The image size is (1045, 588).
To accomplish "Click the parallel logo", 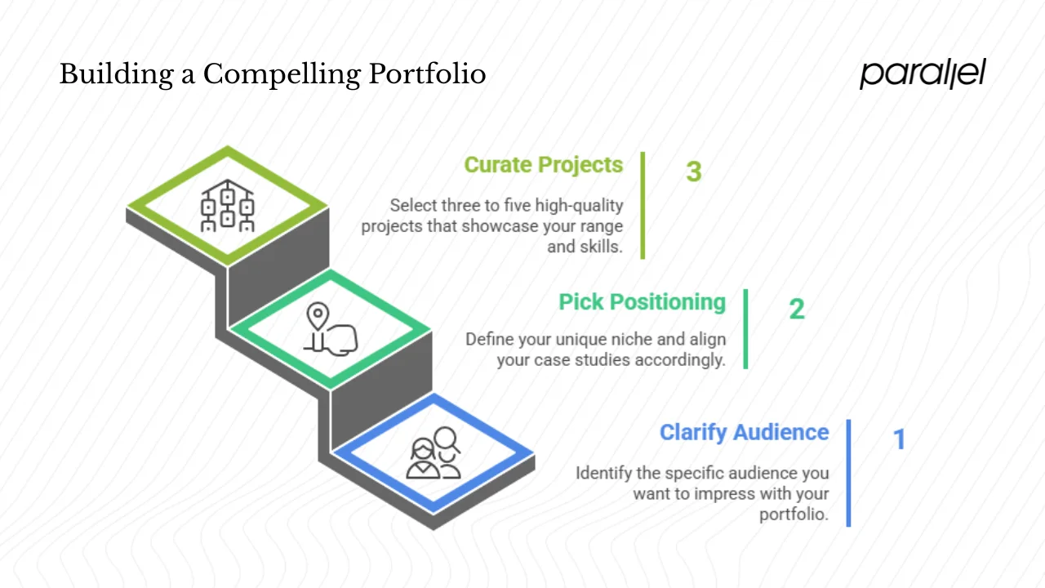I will click(x=923, y=73).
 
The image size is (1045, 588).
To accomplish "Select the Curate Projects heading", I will click(x=543, y=165).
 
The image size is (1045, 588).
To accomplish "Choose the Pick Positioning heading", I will click(x=642, y=302).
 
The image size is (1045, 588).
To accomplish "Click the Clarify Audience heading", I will click(x=744, y=432).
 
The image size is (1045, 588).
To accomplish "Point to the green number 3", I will click(x=693, y=171).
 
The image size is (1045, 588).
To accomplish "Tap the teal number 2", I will click(x=796, y=309).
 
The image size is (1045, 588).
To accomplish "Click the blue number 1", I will click(x=899, y=439).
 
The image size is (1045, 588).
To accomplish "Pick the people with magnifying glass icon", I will click(x=434, y=454).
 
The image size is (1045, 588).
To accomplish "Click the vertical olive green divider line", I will click(x=643, y=205).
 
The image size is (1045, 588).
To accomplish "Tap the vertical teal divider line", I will click(x=745, y=329).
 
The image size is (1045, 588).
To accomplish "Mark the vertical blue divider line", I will click(x=848, y=473).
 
